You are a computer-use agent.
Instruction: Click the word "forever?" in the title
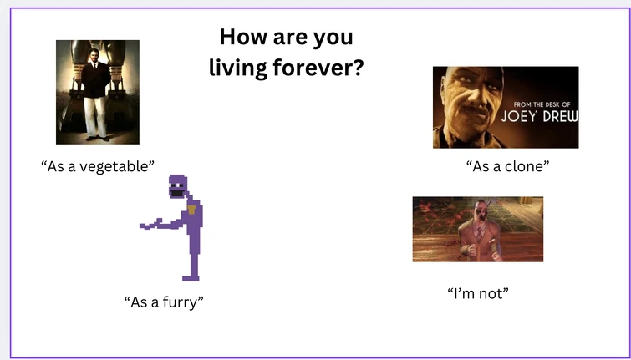click(x=318, y=68)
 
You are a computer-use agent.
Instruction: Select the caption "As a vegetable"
click(x=98, y=165)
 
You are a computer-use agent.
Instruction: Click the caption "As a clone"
click(x=507, y=165)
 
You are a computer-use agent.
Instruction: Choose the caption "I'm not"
click(x=478, y=292)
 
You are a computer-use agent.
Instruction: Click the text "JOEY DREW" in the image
click(x=538, y=115)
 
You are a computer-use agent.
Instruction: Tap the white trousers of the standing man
click(x=95, y=117)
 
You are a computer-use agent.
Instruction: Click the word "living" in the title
click(x=239, y=68)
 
